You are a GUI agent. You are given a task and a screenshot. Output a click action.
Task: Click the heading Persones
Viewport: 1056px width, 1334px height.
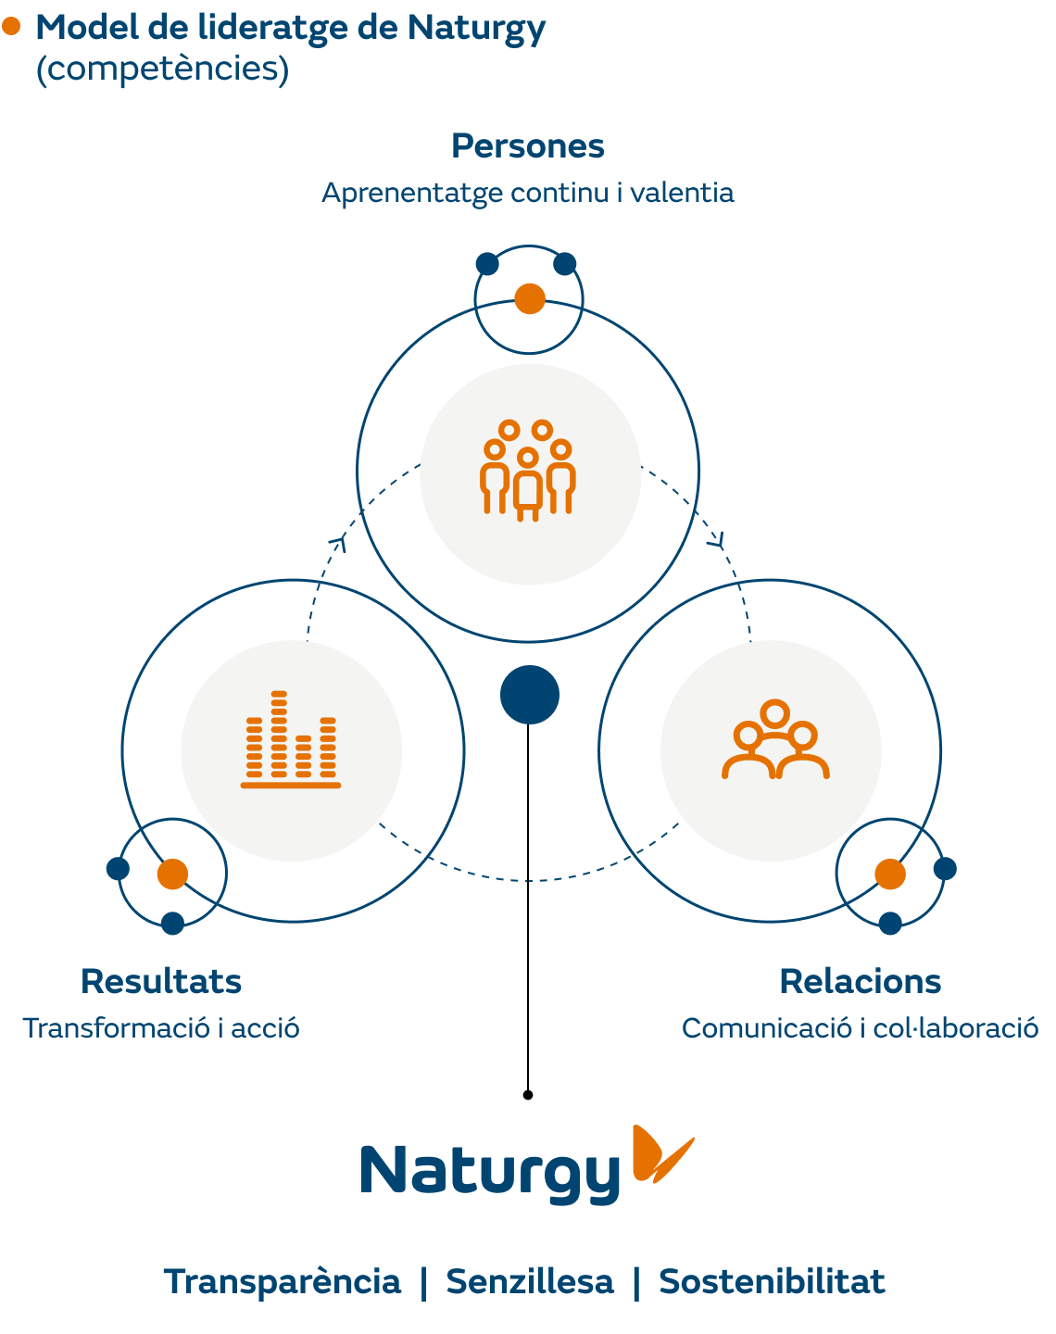[527, 146]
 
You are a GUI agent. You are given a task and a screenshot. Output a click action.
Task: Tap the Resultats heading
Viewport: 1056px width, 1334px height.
[161, 981]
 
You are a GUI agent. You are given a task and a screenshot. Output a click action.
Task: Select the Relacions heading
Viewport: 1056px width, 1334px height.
[860, 981]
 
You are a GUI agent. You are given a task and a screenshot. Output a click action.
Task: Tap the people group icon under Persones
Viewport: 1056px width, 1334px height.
[528, 470]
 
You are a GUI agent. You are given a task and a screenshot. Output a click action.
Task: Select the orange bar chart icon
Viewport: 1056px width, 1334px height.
[291, 740]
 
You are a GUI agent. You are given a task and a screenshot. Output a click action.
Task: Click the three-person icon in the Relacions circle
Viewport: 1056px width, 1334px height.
[774, 741]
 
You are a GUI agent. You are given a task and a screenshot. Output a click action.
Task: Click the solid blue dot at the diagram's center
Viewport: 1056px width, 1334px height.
[530, 695]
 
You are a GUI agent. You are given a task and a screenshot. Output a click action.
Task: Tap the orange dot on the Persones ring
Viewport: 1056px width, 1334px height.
[530, 299]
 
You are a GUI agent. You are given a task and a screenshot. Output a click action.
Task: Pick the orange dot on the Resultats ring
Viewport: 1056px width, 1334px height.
[172, 874]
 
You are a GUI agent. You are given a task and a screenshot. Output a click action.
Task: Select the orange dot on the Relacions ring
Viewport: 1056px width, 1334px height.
[889, 874]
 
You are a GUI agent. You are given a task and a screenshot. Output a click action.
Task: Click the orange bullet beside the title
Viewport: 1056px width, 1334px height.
[11, 27]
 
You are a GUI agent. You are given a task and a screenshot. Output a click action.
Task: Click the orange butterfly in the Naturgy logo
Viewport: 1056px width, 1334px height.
[660, 1153]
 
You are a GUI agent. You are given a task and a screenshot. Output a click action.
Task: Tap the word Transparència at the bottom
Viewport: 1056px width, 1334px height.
[283, 1282]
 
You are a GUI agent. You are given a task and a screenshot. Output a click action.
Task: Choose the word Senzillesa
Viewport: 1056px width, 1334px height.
[530, 1282]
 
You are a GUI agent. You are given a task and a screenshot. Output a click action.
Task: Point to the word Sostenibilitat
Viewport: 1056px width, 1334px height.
[772, 1282]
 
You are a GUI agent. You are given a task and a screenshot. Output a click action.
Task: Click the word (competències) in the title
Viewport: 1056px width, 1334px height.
[162, 69]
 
